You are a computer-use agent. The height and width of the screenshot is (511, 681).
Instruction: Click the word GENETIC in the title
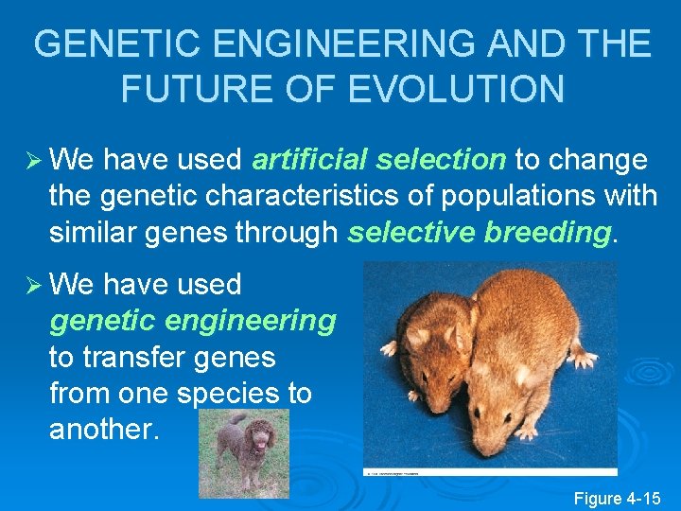(x=102, y=44)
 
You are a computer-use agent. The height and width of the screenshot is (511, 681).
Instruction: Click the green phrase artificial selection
(x=379, y=160)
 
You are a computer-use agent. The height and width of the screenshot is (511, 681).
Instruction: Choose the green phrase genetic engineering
(x=192, y=321)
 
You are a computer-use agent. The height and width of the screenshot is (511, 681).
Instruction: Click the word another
(x=105, y=429)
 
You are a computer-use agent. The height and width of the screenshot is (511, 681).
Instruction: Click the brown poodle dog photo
(x=243, y=452)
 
